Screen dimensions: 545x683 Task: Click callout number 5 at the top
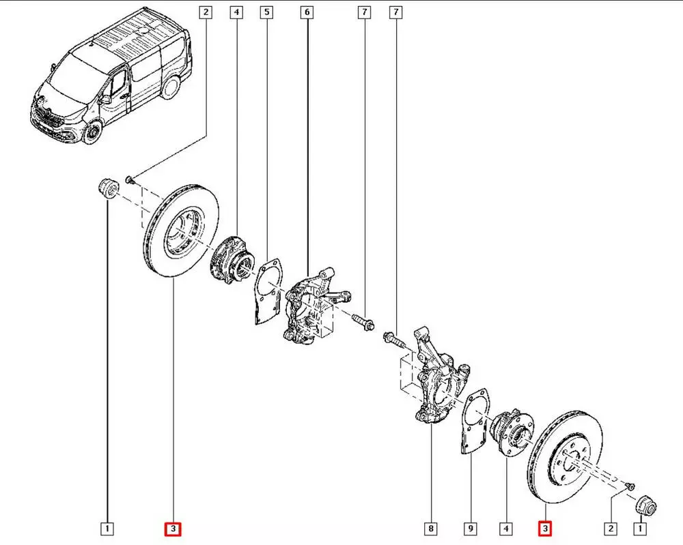tap(266, 12)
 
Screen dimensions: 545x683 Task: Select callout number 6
tap(307, 12)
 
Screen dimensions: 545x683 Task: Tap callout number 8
tap(430, 528)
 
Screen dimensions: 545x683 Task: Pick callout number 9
tap(471, 528)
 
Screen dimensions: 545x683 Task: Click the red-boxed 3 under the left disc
tap(173, 528)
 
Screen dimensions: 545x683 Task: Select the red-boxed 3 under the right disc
tap(545, 528)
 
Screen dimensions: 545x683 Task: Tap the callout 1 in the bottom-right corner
tap(640, 528)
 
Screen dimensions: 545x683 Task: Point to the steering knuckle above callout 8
tap(437, 382)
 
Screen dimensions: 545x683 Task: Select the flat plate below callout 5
tap(265, 290)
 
